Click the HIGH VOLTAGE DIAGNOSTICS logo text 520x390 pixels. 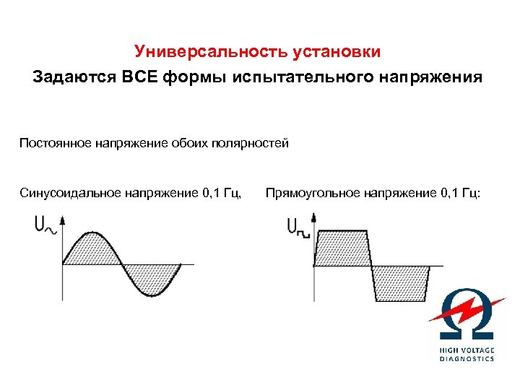[467, 354]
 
